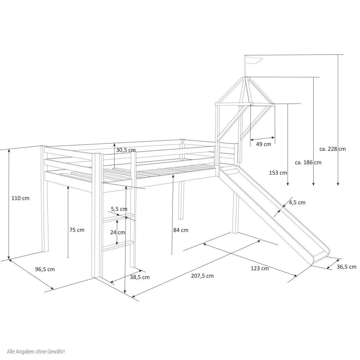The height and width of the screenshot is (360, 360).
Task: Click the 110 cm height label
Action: point(20,198)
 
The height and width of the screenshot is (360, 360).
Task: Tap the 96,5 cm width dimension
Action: point(45,269)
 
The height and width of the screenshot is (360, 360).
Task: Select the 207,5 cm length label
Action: point(202,276)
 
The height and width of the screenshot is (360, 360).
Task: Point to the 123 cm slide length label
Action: point(259,268)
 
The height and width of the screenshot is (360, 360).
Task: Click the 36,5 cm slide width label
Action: point(346,267)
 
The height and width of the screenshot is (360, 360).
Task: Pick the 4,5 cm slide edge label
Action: point(297,202)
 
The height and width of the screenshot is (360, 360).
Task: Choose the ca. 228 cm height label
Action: point(332,149)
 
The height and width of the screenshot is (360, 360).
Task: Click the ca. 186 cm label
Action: point(308,162)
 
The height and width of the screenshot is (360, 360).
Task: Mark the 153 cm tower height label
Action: point(278,173)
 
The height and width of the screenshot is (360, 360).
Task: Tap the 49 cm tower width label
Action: point(263,144)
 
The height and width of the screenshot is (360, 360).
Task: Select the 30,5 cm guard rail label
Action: point(126,150)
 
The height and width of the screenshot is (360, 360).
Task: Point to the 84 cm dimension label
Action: point(181,230)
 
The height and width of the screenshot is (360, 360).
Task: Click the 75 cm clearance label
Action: point(77,230)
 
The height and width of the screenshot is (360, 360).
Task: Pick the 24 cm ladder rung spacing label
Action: point(117,232)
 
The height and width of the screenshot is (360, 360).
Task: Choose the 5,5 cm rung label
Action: point(119,209)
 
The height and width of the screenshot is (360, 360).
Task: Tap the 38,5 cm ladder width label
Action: point(139,277)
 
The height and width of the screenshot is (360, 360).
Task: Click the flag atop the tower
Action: point(254,60)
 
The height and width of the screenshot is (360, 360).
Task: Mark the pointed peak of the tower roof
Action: point(247,78)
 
